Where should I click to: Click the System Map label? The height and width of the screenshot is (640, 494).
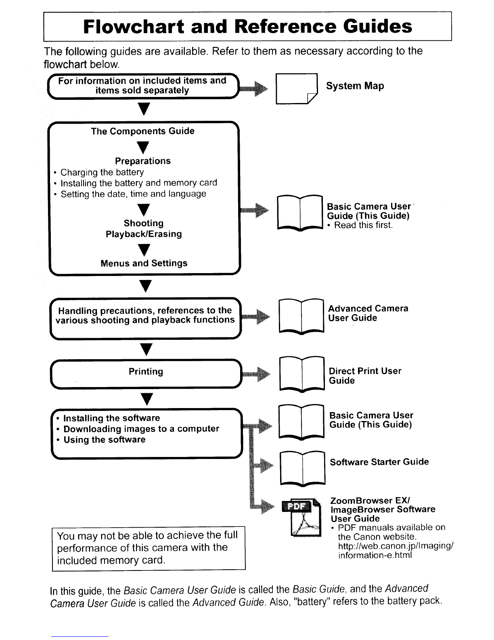[355, 86]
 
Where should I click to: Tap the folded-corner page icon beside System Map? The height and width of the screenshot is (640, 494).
[296, 88]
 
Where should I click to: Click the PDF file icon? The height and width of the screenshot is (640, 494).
[301, 517]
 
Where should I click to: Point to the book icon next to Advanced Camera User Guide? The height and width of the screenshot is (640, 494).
[301, 317]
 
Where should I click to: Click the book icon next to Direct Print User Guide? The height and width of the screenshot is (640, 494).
[302, 374]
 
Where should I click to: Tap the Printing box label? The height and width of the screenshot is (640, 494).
[146, 371]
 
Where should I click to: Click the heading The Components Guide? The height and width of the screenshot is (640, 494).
[143, 131]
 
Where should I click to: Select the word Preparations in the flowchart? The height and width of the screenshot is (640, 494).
[143, 161]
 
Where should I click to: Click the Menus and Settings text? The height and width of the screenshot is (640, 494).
[144, 263]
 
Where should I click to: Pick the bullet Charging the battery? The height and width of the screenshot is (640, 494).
[99, 172]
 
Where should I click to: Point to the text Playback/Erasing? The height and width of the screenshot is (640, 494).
[144, 234]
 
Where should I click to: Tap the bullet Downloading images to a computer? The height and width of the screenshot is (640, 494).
[138, 429]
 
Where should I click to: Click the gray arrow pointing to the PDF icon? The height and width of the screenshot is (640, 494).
[262, 506]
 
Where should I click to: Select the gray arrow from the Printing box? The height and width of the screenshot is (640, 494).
[256, 374]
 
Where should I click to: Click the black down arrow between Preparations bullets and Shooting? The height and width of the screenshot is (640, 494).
[144, 210]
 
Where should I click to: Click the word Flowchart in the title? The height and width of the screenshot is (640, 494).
[134, 27]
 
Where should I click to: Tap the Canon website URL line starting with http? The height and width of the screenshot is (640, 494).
[396, 546]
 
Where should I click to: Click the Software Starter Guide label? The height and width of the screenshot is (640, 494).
[379, 462]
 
